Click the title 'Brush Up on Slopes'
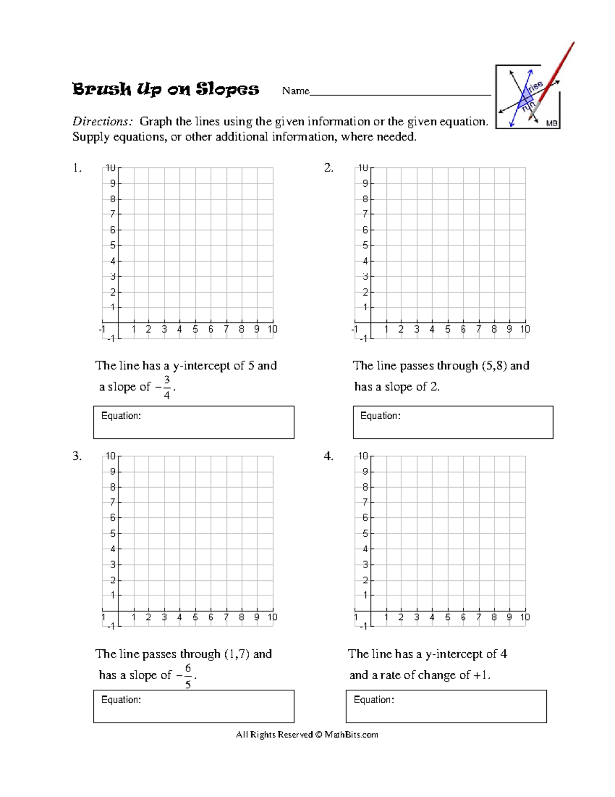[x=166, y=89]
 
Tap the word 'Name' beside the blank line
[x=296, y=91]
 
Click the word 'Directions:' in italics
[x=102, y=122]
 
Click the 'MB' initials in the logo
[x=551, y=123]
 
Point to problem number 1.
[x=77, y=168]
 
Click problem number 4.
[x=329, y=456]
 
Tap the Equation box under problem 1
[x=194, y=422]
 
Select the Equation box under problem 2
[x=453, y=422]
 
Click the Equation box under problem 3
[x=194, y=706]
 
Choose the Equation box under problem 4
[x=446, y=706]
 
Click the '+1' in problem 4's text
[x=481, y=675]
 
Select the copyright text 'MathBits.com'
[x=351, y=734]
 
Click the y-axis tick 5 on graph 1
[x=112, y=245]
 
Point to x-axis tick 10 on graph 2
[x=525, y=329]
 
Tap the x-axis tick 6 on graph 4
[x=463, y=617]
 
